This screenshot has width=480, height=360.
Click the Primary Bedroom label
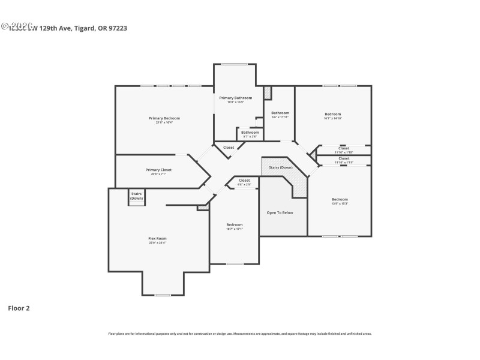[x=164, y=118]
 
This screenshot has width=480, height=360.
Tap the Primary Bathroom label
[x=235, y=98]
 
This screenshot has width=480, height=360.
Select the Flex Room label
[x=157, y=239]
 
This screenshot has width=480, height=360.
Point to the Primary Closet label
[x=158, y=170]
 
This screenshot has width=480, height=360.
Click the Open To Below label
[x=280, y=212]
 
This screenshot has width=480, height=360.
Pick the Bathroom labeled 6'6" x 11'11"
[x=280, y=113]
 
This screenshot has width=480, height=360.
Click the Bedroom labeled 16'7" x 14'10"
[x=333, y=114]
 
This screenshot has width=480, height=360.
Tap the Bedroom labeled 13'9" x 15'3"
[x=340, y=199]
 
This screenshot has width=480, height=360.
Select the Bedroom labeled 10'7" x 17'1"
[x=234, y=224]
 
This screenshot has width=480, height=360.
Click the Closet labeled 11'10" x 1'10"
[x=344, y=148]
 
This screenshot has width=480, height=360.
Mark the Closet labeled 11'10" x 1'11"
[x=344, y=158]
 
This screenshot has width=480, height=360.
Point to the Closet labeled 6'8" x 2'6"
[x=244, y=181]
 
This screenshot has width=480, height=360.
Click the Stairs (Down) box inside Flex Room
[x=136, y=196]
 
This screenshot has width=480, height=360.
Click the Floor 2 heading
[x=19, y=308]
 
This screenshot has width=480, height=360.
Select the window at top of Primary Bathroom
[x=235, y=64]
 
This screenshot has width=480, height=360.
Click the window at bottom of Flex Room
[x=163, y=295]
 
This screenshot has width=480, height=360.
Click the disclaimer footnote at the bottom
[x=240, y=334]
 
